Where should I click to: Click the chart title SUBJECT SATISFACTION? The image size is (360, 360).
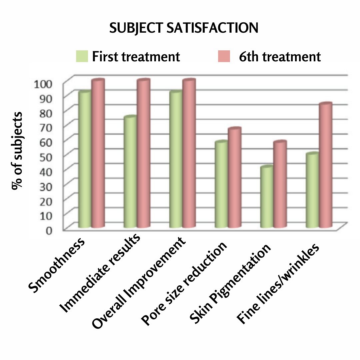coord(184,28)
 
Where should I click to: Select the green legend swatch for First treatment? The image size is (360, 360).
coord(82,56)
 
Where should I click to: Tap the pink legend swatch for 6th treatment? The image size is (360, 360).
coord(224,56)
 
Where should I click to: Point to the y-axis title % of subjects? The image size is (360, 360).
coord(17,151)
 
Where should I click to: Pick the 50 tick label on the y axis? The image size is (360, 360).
coord(47,156)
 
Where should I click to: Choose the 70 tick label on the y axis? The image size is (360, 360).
coord(47,127)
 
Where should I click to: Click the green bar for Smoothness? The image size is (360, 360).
coord(85,160)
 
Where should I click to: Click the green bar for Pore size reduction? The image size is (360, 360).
coord(221,185)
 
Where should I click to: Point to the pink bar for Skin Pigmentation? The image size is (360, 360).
coord(280,185)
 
